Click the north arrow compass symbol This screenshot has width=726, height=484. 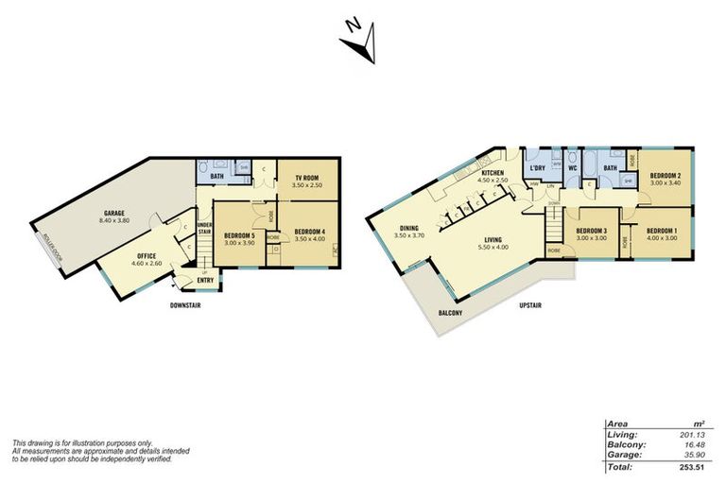click(361, 43)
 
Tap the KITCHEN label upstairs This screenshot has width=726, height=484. click(494, 175)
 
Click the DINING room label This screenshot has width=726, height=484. click(408, 228)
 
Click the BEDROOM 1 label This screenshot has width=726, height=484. click(662, 232)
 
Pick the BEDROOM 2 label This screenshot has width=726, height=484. click(665, 177)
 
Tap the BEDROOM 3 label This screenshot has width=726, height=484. click(593, 232)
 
